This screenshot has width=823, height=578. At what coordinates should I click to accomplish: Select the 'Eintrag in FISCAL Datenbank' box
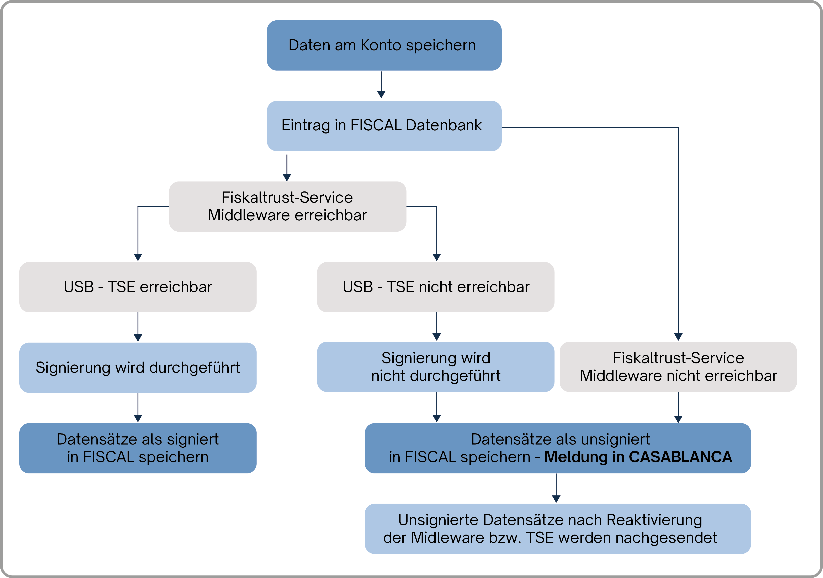[384, 126]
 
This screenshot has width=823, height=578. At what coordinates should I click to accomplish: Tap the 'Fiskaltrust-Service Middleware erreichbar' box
[287, 206]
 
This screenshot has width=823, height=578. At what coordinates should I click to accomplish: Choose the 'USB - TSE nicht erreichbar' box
[436, 287]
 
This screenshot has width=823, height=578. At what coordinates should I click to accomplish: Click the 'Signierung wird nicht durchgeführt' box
[436, 367]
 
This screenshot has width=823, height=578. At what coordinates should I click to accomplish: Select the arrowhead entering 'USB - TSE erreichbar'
[138, 257]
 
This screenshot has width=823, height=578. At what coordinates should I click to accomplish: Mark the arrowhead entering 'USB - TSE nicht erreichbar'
[437, 257]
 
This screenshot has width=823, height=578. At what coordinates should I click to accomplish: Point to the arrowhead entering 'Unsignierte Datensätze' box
[556, 499]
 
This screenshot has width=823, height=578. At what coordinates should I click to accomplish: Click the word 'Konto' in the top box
[381, 45]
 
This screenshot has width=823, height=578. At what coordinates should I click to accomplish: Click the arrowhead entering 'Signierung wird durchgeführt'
[138, 338]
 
